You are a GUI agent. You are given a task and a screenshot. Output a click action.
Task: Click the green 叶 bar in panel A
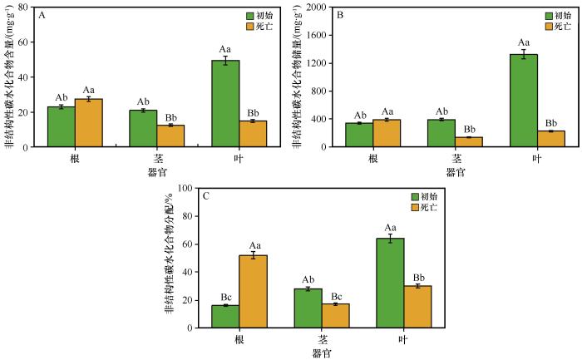coord(225,104)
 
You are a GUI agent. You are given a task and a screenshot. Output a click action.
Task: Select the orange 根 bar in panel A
coord(89,123)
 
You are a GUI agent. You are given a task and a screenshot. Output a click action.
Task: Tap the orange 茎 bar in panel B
coord(469,142)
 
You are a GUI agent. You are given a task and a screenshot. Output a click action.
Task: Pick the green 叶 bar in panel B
coord(524,101)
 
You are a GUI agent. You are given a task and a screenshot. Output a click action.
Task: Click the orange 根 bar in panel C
coord(253,292)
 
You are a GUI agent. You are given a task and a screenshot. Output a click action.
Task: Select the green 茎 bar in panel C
coord(308,308)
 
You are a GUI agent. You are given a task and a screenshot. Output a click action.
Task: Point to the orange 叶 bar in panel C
coord(417,307)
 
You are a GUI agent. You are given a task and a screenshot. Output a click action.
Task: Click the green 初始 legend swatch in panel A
coord(249,16)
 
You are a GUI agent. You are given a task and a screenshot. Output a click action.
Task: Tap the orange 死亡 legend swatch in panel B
coord(549,27)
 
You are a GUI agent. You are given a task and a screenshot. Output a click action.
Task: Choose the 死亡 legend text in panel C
coord(428,207)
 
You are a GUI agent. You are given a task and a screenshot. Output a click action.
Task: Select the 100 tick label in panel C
coord(185,188)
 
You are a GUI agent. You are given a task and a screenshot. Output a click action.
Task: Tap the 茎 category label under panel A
coord(157,159)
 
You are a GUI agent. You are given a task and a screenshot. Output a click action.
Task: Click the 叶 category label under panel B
coord(537,159)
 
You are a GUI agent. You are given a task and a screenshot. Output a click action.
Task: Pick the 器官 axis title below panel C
coord(322,353)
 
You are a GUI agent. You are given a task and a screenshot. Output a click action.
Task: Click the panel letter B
coord(339,15)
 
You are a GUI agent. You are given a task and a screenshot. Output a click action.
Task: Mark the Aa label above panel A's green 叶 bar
coord(225,49)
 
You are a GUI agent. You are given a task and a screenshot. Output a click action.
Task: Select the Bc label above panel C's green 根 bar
coord(226,298)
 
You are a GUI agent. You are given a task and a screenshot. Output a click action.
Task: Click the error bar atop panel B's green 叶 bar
coord(524,54)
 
